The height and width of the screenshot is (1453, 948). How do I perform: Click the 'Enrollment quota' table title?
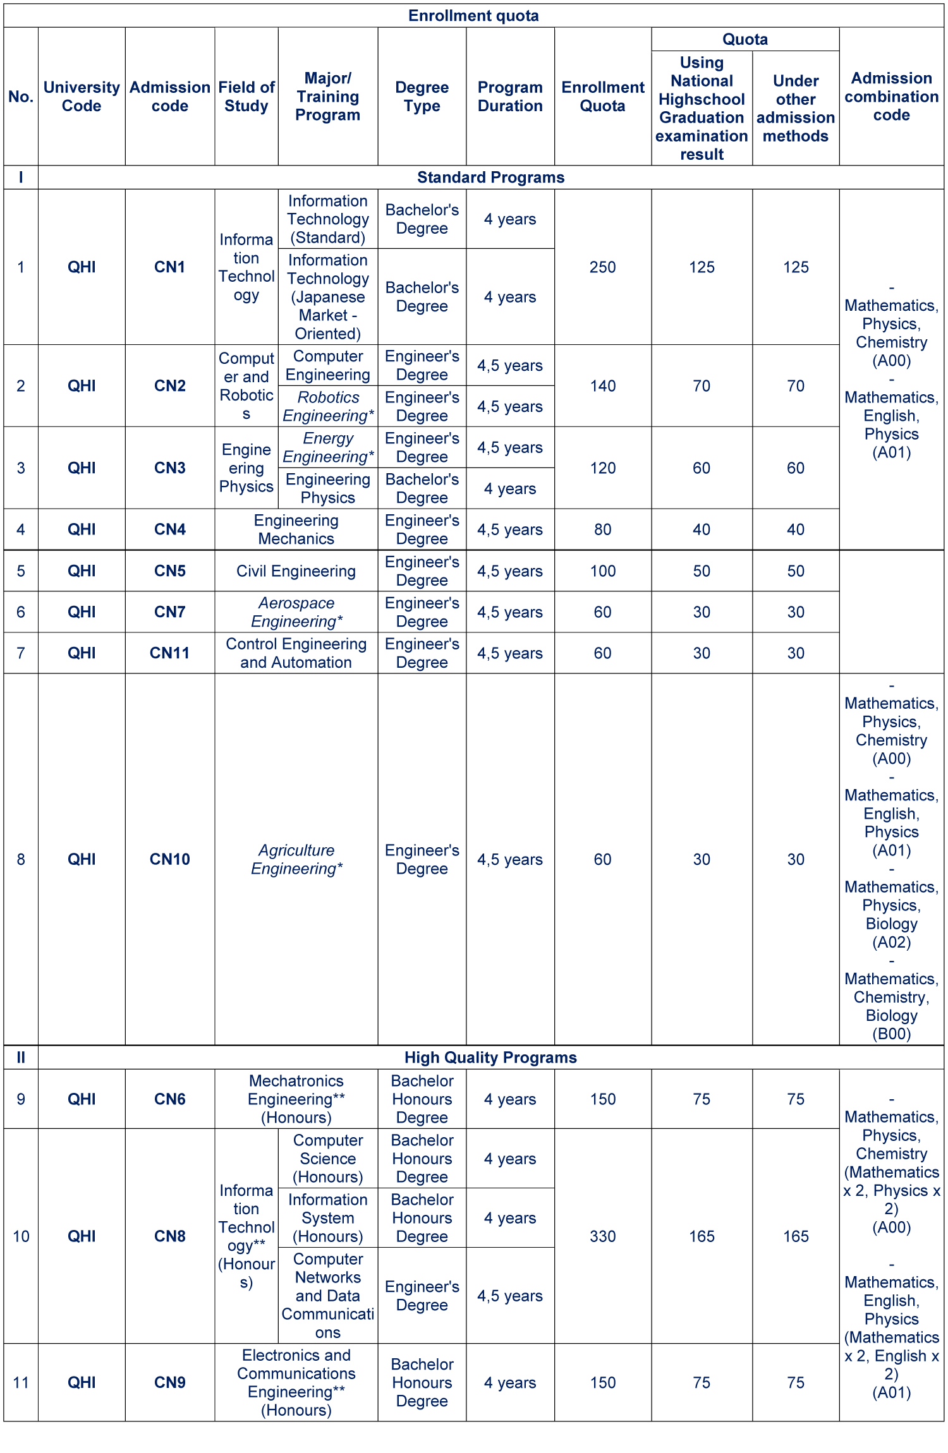473,16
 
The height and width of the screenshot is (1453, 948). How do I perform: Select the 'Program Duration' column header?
510,97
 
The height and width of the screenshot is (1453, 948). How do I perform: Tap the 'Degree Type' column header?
422,97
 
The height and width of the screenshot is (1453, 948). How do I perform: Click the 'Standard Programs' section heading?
490,178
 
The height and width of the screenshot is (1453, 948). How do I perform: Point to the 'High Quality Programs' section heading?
490,1058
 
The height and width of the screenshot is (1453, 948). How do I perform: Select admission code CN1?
169,267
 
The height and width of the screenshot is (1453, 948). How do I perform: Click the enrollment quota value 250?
602,267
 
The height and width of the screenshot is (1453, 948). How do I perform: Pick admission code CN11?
169,653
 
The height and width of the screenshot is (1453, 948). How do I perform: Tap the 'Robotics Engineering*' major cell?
328,407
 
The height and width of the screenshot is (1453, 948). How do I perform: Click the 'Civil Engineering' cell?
296,571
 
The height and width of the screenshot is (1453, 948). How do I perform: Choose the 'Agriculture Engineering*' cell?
296,859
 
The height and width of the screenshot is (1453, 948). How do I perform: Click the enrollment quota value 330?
602,1236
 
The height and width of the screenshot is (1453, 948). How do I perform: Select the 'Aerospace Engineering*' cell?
296,612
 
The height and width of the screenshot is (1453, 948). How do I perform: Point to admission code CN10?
169,859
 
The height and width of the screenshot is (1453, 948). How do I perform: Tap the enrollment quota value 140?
602,386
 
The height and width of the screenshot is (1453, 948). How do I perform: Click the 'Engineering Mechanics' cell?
296,529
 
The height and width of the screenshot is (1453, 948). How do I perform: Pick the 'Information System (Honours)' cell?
328,1218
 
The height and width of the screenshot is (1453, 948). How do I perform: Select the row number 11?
21,1383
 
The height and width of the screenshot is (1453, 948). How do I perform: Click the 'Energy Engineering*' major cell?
328,448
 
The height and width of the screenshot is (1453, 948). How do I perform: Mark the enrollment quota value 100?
602,571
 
